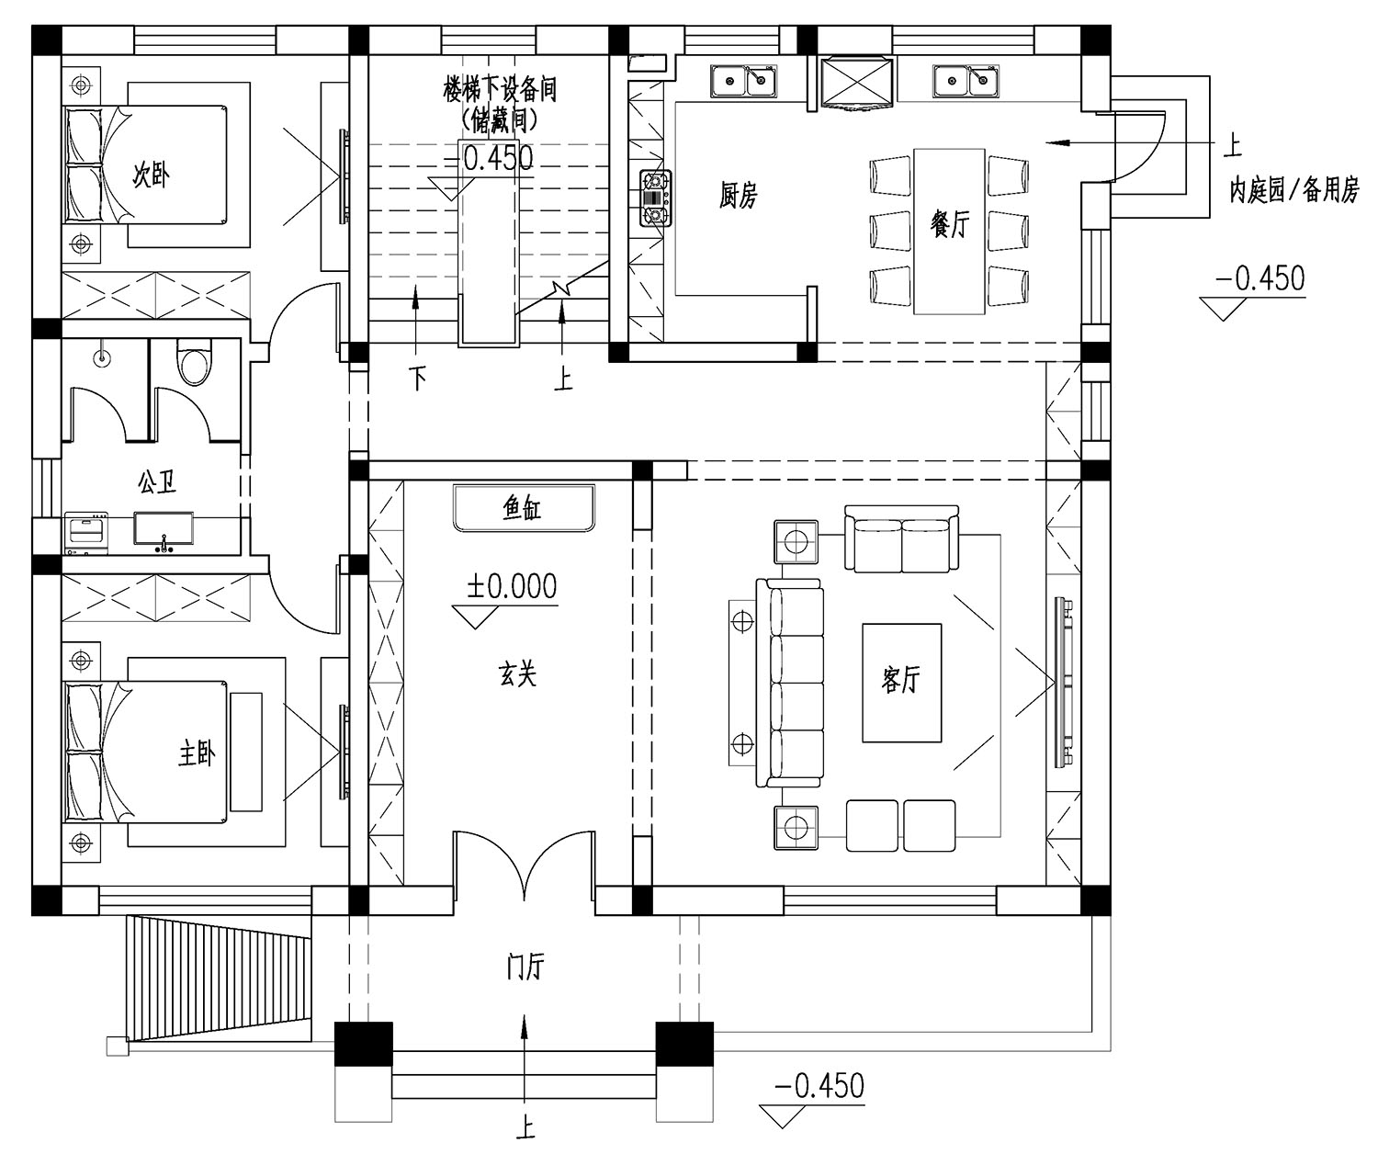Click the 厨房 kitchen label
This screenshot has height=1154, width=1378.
(x=738, y=196)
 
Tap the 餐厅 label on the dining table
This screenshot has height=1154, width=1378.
(x=950, y=224)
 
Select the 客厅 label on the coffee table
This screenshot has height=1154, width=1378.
(x=900, y=679)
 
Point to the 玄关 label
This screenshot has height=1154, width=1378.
(x=517, y=673)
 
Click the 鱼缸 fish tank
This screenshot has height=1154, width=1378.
(x=524, y=508)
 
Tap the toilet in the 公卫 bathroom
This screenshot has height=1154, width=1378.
(x=193, y=361)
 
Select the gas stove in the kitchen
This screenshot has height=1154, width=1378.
(x=655, y=198)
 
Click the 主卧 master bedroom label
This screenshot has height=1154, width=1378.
(x=197, y=754)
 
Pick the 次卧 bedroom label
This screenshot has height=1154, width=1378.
(x=152, y=175)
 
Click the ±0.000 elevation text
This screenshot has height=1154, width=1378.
(x=512, y=586)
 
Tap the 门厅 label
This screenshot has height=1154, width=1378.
(x=525, y=967)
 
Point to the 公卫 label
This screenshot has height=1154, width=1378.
(x=157, y=482)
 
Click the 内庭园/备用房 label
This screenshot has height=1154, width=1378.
(x=1293, y=191)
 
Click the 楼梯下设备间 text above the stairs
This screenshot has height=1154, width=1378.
(x=500, y=90)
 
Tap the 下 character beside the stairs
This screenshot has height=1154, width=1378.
(x=418, y=379)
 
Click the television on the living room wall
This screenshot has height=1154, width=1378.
(x=1064, y=683)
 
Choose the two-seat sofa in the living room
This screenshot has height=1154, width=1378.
(x=901, y=538)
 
